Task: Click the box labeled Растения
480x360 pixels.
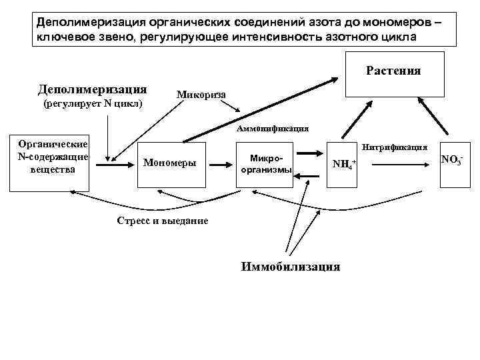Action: pyautogui.click(x=393, y=75)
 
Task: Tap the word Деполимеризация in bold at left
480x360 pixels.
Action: pyautogui.click(x=93, y=89)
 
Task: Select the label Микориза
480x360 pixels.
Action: pyautogui.click(x=201, y=95)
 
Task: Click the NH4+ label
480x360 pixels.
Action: pyautogui.click(x=344, y=164)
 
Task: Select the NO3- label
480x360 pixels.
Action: pyautogui.click(x=451, y=160)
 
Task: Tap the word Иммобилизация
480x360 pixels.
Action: pyautogui.click(x=290, y=267)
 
